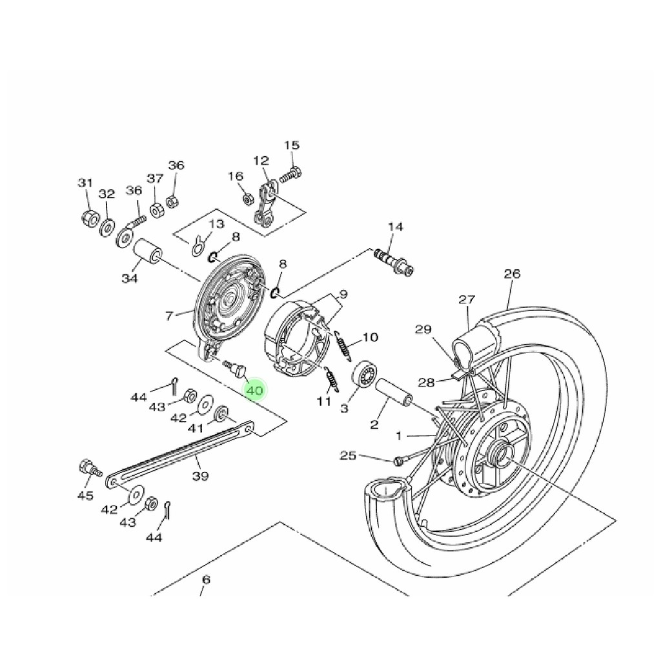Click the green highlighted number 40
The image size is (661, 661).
pyautogui.click(x=254, y=390)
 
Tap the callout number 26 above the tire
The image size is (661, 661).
pyautogui.click(x=512, y=274)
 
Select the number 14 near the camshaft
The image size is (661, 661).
pyautogui.click(x=395, y=227)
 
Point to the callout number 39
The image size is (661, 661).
pyautogui.click(x=201, y=476)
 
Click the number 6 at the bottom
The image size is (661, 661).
pyautogui.click(x=206, y=580)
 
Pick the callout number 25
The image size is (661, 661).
pyautogui.click(x=348, y=456)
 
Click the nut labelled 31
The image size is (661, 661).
pyautogui.click(x=90, y=218)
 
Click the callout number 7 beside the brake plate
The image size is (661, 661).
pyautogui.click(x=169, y=316)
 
